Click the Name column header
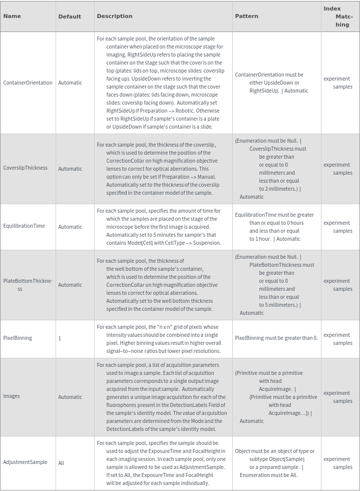12,16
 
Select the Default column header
70,17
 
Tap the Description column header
115,16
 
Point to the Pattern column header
247,16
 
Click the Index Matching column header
338,17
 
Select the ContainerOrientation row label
28,83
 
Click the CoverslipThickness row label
26,168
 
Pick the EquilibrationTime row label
24,226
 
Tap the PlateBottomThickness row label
28,285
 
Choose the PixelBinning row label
18,338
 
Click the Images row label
12,396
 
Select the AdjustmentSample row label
25,462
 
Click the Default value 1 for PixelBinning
60,338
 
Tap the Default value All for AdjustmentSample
61,463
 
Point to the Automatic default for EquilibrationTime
70,227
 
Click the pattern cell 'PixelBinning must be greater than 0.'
276,338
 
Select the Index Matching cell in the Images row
338,397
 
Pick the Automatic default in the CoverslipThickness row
70,169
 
